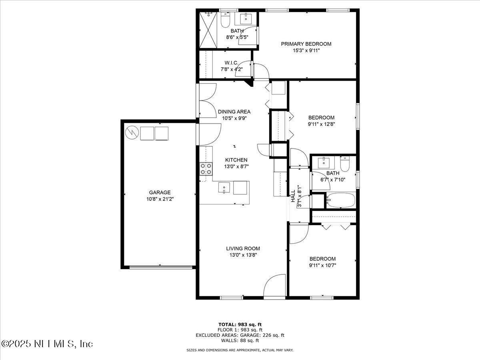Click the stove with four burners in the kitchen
click(206, 169)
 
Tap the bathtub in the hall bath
click(340, 200)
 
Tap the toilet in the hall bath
click(345, 164)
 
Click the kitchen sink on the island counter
click(224, 188)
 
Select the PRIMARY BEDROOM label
click(306, 44)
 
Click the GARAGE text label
click(160, 192)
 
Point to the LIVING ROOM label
click(243, 248)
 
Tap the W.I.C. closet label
click(232, 63)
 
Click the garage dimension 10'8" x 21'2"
click(160, 199)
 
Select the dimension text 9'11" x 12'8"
click(321, 124)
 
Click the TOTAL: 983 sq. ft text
click(240, 324)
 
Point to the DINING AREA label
click(234, 112)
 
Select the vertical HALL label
click(293, 195)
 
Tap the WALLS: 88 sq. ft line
click(240, 341)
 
